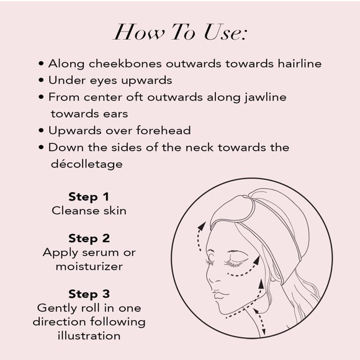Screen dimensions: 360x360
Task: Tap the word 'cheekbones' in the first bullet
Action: coord(125,63)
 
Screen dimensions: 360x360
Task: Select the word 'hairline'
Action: coord(300,63)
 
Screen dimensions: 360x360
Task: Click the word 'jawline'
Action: coord(266,97)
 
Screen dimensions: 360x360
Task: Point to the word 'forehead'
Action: coord(163,130)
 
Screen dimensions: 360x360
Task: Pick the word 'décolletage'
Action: coord(87,164)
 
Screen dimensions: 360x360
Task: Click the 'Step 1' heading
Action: coord(89,197)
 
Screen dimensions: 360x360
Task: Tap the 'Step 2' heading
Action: coord(89,238)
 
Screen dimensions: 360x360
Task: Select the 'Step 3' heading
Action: coord(89,294)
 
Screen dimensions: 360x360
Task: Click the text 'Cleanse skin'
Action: coord(89,211)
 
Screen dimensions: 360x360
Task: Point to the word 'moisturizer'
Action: coord(89,266)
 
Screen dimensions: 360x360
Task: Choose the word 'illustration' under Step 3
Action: coord(89,336)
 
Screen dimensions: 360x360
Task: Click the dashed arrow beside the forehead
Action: coord(199,236)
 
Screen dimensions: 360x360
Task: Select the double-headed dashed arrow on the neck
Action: coord(259,322)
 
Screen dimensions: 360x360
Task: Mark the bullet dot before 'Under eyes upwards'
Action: coord(41,80)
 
